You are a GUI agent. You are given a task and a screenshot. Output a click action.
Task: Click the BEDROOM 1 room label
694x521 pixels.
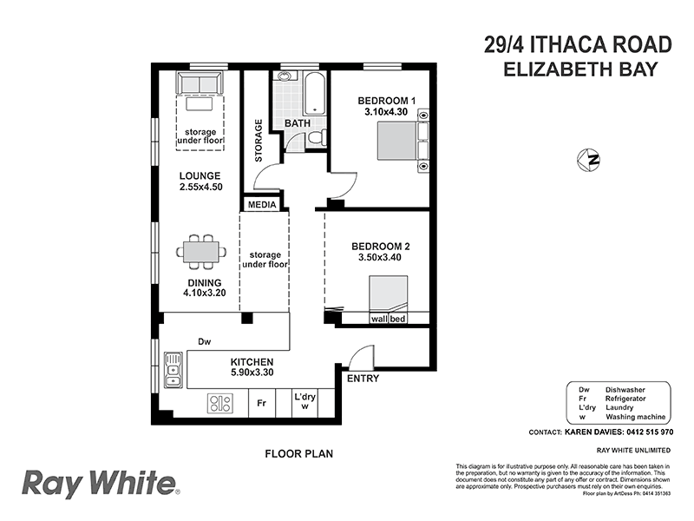(386, 101)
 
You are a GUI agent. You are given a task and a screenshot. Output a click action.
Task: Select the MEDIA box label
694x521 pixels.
(262, 205)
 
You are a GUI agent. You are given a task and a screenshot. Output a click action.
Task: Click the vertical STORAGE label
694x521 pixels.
(259, 141)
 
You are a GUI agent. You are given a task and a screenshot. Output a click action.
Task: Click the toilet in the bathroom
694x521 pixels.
(317, 137)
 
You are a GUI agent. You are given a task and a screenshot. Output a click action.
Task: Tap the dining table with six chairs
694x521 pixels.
(201, 251)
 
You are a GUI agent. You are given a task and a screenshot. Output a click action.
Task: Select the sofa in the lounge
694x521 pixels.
(200, 83)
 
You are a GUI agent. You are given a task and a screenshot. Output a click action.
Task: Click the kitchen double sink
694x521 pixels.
(173, 369)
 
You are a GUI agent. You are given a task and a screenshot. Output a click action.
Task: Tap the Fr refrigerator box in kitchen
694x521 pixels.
(261, 403)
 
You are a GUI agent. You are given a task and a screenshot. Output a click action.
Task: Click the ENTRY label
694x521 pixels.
(363, 379)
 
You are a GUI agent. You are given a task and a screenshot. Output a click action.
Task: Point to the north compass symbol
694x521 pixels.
(590, 159)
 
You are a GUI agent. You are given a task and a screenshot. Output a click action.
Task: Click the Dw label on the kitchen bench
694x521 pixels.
(204, 341)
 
